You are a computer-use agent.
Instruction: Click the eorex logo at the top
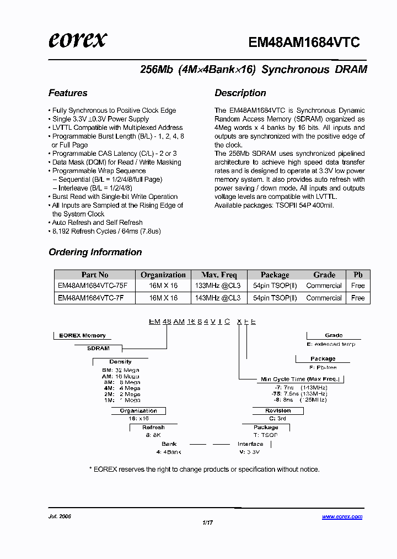[x=78, y=40]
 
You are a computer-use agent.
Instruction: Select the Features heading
[x=68, y=93]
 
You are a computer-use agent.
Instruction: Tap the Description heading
[x=240, y=93]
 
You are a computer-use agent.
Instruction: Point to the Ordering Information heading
[x=95, y=252]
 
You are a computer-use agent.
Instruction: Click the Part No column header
[x=95, y=275]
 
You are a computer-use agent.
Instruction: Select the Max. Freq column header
[x=219, y=275]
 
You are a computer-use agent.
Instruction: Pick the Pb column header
[x=358, y=275]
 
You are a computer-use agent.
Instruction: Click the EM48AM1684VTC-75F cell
[x=92, y=286]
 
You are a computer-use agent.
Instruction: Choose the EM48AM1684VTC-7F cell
[x=90, y=298]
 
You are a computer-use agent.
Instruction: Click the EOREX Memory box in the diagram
[x=82, y=335]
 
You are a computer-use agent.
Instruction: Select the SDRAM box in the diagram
[x=98, y=349]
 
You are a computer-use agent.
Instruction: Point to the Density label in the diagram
[x=120, y=361]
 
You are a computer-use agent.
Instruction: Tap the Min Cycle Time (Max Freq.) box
[x=300, y=379]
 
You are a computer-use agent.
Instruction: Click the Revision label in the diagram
[x=278, y=410]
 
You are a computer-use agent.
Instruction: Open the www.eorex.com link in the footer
[x=342, y=516]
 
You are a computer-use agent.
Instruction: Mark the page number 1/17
[x=207, y=523]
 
